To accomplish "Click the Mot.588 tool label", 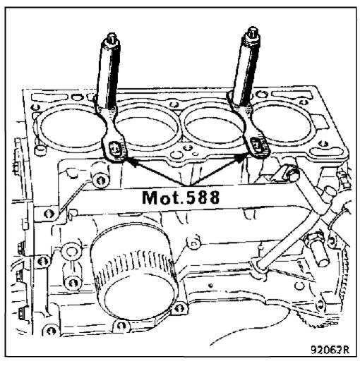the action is coord(181,197).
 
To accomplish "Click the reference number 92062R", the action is coord(330,350).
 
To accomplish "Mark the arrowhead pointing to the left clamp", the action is coord(129,161).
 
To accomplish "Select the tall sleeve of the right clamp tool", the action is coord(246,71).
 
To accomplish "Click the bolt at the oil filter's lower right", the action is coord(179,307).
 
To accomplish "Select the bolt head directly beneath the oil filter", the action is coord(121,327).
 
